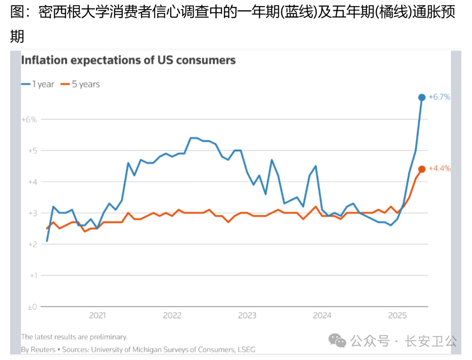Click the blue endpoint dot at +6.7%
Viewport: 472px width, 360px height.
coord(422,97)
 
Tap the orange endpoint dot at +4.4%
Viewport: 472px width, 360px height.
coord(422,169)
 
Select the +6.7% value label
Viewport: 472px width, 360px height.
coord(439,97)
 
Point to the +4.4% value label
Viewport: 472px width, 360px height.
coord(439,169)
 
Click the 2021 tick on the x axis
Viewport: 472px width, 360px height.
coord(97,315)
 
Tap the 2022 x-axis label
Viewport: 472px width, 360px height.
coord(172,315)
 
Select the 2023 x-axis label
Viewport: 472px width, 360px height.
coord(247,315)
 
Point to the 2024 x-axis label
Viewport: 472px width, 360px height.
coord(323,315)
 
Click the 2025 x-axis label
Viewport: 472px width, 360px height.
coord(398,315)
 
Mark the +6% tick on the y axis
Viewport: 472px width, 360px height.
coord(29,119)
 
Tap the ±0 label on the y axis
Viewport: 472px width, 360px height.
coord(31,307)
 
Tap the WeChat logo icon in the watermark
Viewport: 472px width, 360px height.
coord(337,340)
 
